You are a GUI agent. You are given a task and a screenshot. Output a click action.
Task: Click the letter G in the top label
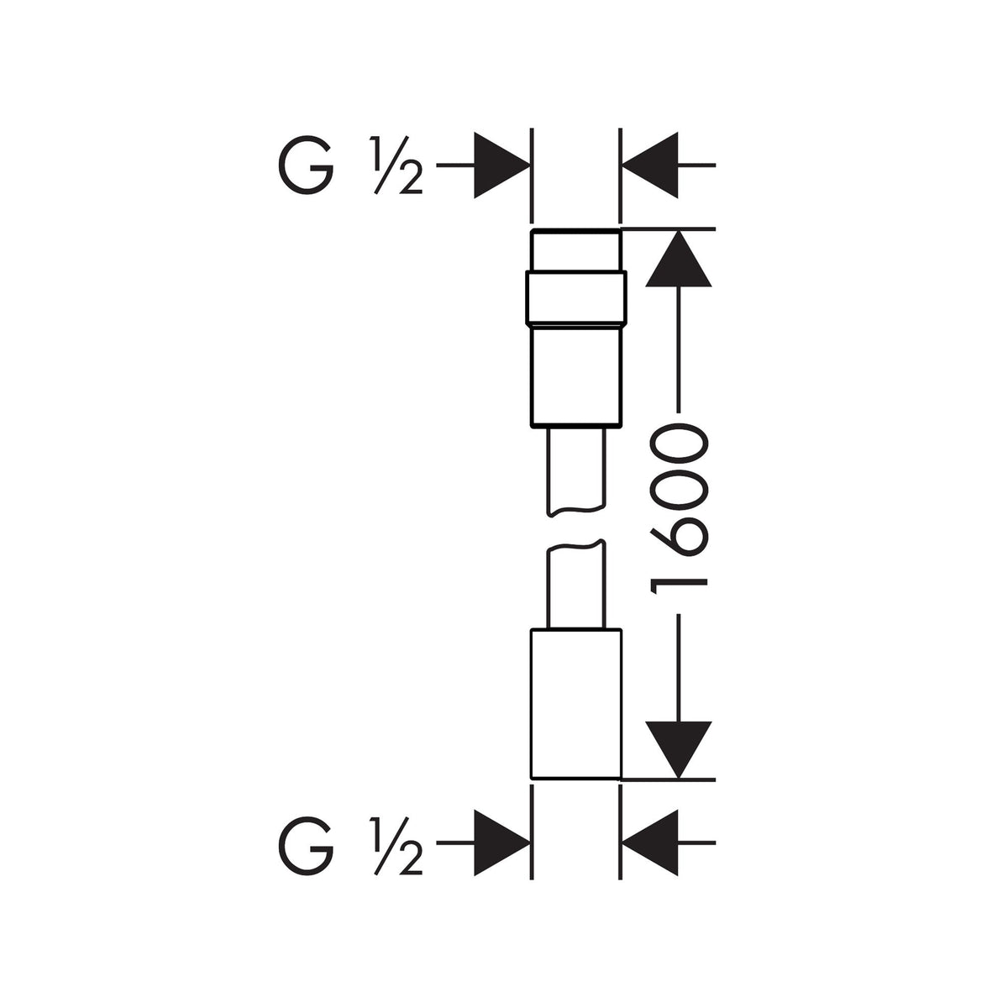click(306, 165)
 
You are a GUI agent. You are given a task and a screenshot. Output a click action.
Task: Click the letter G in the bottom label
click(306, 843)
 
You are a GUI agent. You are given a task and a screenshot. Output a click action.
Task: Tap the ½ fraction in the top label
click(396, 165)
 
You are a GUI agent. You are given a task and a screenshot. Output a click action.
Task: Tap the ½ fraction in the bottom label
click(396, 843)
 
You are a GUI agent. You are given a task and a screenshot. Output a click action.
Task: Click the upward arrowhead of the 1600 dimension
click(679, 259)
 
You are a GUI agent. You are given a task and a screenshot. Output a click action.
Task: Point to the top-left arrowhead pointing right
click(501, 165)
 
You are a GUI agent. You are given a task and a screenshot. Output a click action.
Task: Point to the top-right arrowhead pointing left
click(649, 165)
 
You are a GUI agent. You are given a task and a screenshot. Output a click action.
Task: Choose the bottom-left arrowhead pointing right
click(501, 843)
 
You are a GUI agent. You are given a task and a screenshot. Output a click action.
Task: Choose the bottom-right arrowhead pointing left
click(649, 843)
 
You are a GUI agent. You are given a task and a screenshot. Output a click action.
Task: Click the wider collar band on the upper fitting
click(576, 297)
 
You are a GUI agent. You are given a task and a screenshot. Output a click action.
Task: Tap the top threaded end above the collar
click(576, 250)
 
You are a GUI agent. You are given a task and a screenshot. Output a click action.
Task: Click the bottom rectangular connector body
click(576, 704)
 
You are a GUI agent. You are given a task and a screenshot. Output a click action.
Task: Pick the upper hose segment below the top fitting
click(576, 467)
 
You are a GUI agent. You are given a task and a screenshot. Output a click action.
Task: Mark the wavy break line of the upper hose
click(576, 509)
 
